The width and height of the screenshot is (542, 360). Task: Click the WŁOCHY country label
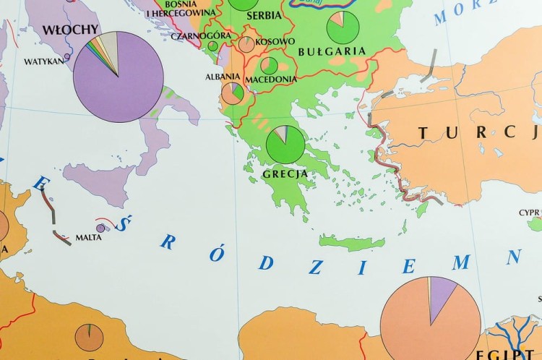(x=71, y=30)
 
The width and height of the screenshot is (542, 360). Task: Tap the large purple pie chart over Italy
(x=119, y=77)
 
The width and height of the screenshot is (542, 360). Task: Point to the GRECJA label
(x=286, y=173)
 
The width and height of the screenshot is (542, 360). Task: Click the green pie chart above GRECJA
(x=286, y=145)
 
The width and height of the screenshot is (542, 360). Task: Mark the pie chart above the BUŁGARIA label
(x=343, y=27)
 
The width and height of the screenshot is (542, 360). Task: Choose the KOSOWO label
(x=275, y=42)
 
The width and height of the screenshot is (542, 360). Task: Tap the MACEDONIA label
(x=270, y=79)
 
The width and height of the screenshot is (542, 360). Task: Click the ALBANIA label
(x=223, y=77)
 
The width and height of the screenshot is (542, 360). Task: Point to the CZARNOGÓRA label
(x=201, y=35)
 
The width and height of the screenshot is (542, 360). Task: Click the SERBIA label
(x=264, y=15)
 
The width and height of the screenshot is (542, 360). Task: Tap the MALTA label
(x=88, y=236)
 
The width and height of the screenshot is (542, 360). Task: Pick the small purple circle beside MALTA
(x=101, y=228)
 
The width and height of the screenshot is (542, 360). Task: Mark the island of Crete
(x=352, y=243)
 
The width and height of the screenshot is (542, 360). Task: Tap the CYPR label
(x=529, y=213)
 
